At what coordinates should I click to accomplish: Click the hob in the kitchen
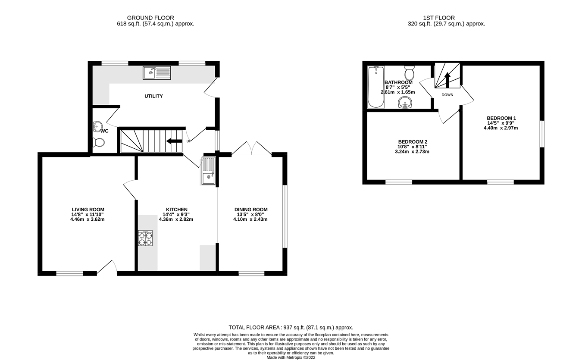[x=145, y=238]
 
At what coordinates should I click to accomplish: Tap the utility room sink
[x=157, y=73]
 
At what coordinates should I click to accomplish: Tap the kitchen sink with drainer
[x=208, y=171]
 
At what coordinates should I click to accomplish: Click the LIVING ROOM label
[x=88, y=210]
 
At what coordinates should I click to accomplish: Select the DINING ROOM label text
[x=251, y=210]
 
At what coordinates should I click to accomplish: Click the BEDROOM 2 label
[x=413, y=142]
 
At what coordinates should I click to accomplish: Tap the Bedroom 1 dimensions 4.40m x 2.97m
[x=501, y=128]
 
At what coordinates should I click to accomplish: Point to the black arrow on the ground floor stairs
[x=174, y=141]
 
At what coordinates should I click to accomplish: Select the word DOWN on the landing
[x=447, y=95]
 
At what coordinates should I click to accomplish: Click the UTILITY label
[x=153, y=96]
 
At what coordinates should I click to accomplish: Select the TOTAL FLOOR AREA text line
[x=291, y=328]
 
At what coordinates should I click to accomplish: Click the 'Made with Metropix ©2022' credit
[x=291, y=357]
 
